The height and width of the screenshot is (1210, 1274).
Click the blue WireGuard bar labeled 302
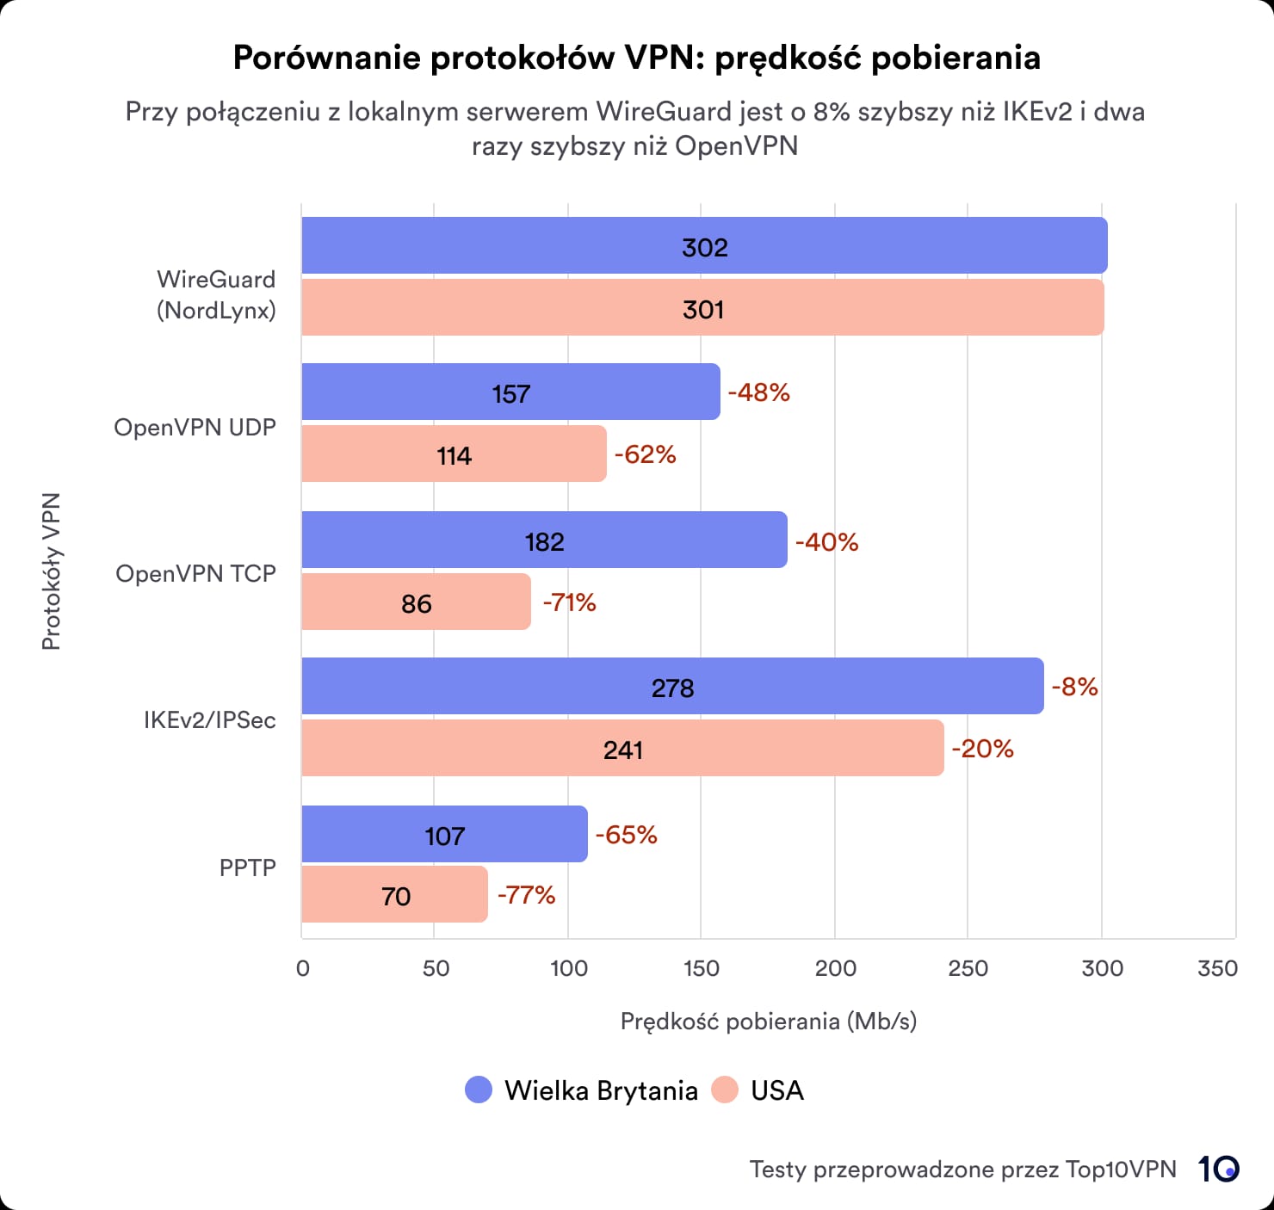pyautogui.click(x=704, y=246)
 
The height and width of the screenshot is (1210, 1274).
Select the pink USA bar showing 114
pyautogui.click(x=454, y=454)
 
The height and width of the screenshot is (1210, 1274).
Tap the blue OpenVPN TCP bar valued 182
pyautogui.click(x=544, y=540)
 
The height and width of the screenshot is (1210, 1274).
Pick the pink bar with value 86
pyautogui.click(x=416, y=602)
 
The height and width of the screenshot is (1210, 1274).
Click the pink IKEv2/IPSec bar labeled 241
pyautogui.click(x=622, y=749)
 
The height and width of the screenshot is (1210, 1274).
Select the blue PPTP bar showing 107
pyautogui.click(x=444, y=835)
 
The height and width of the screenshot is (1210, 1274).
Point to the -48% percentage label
pyautogui.click(x=758, y=392)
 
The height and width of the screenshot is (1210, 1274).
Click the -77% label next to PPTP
pyautogui.click(x=526, y=895)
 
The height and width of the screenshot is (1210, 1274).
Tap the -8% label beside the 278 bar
pyautogui.click(x=1074, y=687)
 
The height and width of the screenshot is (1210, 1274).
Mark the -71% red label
pyautogui.click(x=569, y=602)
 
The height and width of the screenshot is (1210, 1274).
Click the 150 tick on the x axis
pyautogui.click(x=701, y=968)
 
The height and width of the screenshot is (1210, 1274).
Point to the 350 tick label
pyautogui.click(x=1217, y=968)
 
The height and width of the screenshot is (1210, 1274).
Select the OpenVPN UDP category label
pyautogui.click(x=195, y=428)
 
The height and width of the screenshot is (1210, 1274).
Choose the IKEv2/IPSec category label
pyautogui.click(x=209, y=720)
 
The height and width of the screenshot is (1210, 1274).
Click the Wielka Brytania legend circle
pyautogui.click(x=479, y=1090)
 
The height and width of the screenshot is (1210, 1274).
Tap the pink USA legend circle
pyautogui.click(x=725, y=1090)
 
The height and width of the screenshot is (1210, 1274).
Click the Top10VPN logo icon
pyautogui.click(x=1218, y=1169)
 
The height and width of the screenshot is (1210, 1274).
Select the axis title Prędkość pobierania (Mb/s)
pyautogui.click(x=768, y=1022)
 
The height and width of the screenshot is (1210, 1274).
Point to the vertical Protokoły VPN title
pyautogui.click(x=52, y=571)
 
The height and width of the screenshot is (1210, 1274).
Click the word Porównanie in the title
pyautogui.click(x=326, y=58)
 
